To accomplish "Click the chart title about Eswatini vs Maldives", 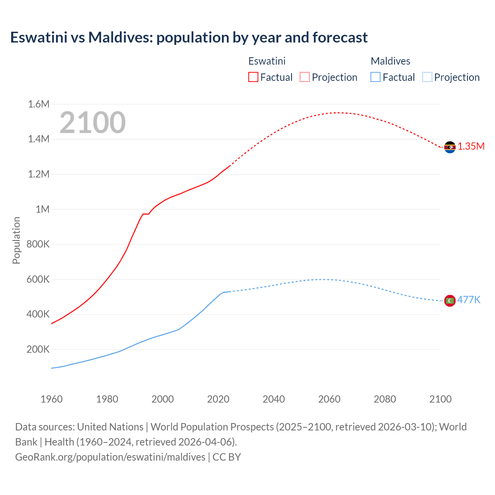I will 189,38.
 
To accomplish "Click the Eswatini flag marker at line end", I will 450,147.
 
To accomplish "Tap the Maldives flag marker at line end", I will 450,300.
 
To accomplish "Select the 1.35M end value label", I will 471,146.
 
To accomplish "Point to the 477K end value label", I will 469,300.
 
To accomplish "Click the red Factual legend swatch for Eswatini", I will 253,77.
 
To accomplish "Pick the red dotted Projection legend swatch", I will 305,77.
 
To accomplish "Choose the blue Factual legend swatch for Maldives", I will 376,77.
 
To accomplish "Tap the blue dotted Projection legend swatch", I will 427,77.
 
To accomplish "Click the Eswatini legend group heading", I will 267,61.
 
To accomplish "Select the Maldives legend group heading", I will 390,61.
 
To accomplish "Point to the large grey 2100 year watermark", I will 92,123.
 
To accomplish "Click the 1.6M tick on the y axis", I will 39,104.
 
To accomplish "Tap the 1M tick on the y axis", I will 43,209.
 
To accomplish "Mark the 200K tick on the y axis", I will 38,350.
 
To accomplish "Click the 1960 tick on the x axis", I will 51,399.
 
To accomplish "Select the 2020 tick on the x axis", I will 218,399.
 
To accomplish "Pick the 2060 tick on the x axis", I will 329,399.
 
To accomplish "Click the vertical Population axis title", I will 16,240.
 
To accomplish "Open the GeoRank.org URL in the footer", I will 110,457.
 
